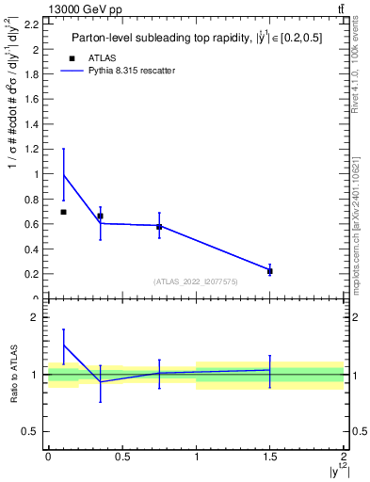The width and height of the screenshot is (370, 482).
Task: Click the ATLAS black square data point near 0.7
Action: pos(63,212)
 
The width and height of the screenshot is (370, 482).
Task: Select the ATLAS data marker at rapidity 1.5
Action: pos(270,271)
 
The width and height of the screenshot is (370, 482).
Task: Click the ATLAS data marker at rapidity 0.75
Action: pos(159,227)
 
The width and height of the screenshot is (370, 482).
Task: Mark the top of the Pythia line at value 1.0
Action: pos(63,174)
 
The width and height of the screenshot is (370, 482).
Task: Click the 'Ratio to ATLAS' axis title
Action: pos(13,375)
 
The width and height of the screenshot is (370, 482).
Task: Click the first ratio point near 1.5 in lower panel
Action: pos(63,345)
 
